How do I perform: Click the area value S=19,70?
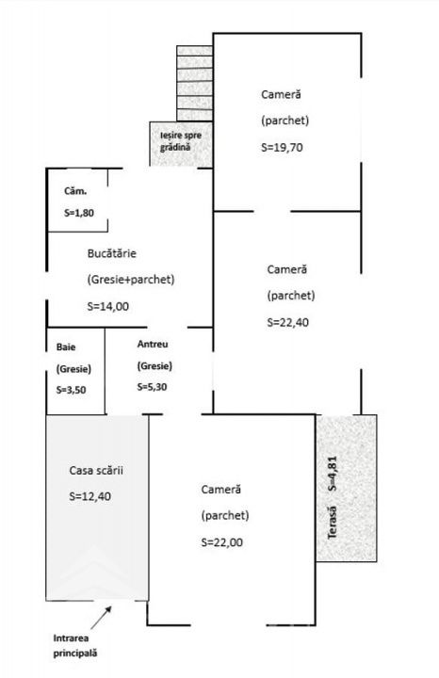(x=282, y=148)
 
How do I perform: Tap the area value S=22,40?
(x=287, y=323)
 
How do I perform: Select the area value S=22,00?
(x=222, y=542)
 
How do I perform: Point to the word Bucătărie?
(x=111, y=253)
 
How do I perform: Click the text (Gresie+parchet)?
(x=131, y=280)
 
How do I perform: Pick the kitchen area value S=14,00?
(x=107, y=307)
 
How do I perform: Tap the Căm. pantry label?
(x=75, y=190)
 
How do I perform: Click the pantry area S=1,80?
(x=79, y=213)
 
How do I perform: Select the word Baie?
(x=66, y=347)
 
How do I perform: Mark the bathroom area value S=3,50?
(x=71, y=390)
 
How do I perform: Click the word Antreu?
(x=153, y=345)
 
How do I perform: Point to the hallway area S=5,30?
(x=153, y=387)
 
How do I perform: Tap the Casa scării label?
(x=96, y=470)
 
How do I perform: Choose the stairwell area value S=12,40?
(x=89, y=496)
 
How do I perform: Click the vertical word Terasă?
(x=333, y=523)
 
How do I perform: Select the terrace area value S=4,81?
(x=333, y=474)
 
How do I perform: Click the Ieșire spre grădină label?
(x=181, y=141)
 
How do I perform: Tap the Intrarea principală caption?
(x=75, y=646)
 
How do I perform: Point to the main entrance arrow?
(x=101, y=618)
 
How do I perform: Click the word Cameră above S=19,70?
(x=281, y=94)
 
